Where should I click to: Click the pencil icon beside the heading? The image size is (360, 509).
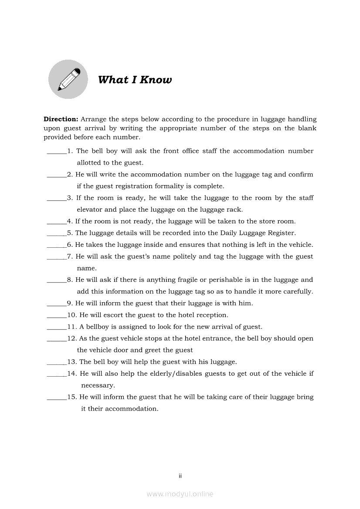pos(68,79)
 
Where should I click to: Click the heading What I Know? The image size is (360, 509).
pos(135,80)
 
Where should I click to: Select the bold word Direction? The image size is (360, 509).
pos(61,119)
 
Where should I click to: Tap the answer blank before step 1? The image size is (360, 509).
pos(56,152)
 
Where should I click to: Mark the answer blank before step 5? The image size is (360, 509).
pos(56,233)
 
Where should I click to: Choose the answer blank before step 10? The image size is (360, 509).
pos(56,315)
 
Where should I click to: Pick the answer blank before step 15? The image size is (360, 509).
pos(56,397)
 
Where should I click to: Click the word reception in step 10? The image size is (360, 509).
pos(211,315)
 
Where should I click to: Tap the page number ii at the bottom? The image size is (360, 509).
pos(180,476)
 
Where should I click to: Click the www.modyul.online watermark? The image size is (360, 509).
pos(180,494)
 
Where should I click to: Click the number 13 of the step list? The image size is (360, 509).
pos(72,362)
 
